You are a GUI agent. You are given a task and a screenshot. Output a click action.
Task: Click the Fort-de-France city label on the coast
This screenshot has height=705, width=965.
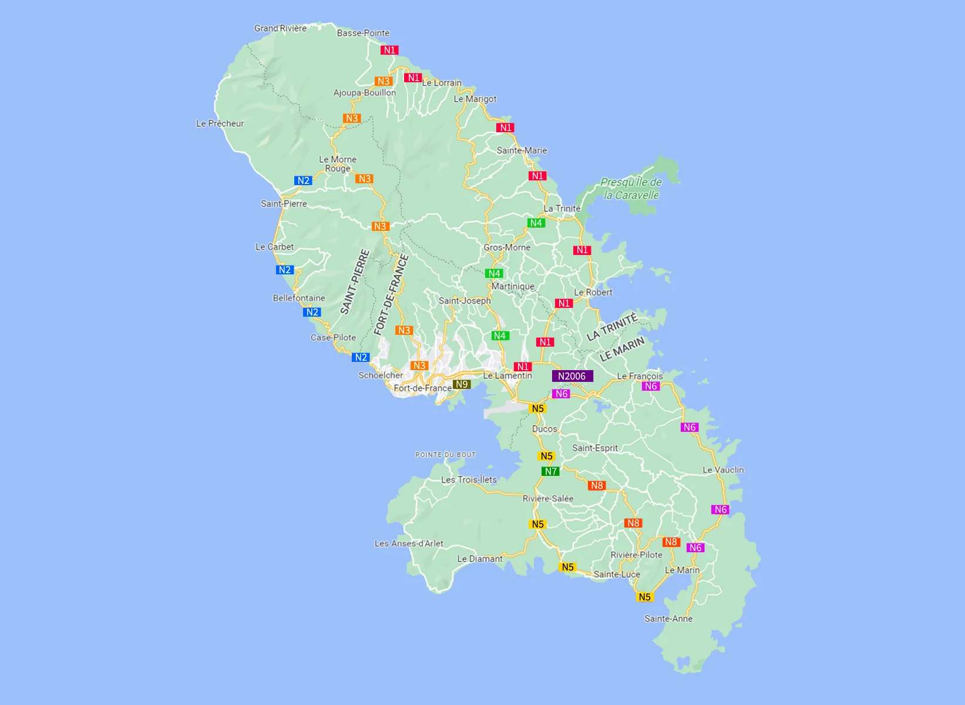click(x=422, y=388)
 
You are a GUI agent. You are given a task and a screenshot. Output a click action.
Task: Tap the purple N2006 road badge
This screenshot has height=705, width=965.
click(x=572, y=376)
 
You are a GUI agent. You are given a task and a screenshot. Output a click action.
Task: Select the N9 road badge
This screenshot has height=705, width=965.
click(x=462, y=384)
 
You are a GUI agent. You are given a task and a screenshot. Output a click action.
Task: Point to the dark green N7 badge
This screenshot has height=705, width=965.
click(x=550, y=471)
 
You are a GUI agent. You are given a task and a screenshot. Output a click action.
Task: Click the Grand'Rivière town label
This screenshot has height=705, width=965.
click(x=280, y=28)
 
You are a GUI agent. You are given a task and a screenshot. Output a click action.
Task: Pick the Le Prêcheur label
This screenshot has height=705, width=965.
click(x=220, y=123)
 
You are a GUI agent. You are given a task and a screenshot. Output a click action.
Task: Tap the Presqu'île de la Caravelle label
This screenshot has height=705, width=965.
click(x=631, y=189)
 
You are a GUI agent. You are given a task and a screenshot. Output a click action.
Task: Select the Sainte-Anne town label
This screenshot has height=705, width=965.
click(x=668, y=619)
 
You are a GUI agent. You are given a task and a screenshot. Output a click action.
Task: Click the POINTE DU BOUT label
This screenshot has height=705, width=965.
click(x=445, y=455)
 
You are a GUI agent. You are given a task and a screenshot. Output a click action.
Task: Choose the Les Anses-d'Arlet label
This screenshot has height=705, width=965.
click(x=409, y=543)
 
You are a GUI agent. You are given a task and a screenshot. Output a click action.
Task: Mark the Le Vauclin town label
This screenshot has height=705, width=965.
click(x=723, y=470)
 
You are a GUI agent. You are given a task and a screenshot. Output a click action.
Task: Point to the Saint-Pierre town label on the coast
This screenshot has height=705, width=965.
click(x=284, y=204)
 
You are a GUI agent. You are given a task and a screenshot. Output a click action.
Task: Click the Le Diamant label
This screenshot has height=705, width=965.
click(x=480, y=559)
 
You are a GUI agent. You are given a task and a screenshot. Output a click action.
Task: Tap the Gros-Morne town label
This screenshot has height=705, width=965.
click(x=507, y=247)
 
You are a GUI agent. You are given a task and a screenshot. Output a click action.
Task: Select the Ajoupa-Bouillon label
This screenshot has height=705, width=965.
click(x=365, y=93)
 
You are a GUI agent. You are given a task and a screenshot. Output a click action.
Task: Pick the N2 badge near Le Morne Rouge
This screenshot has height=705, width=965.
click(x=303, y=180)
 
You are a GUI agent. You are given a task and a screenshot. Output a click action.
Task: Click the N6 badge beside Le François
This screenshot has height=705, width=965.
click(x=650, y=386)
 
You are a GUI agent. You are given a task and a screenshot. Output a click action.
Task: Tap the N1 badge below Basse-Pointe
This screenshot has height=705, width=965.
click(x=389, y=50)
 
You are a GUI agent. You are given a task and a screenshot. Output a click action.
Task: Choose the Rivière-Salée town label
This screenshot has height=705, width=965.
click(x=548, y=499)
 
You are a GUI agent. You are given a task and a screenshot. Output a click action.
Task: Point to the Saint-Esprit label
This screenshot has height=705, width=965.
click(x=595, y=448)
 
